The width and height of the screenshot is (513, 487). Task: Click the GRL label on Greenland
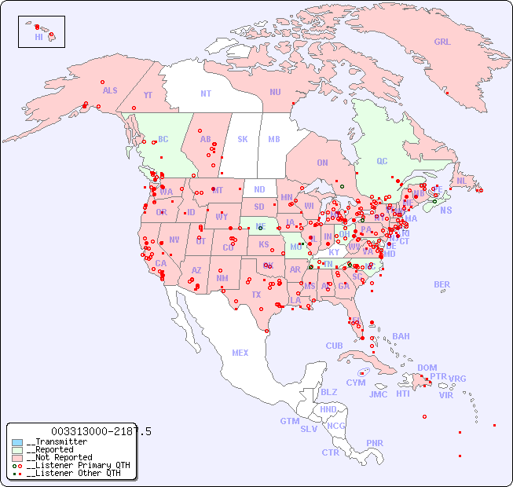click(442, 42)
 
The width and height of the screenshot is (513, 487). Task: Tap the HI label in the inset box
click(38, 37)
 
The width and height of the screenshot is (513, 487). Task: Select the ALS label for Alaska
click(110, 91)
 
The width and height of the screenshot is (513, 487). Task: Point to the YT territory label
click(148, 95)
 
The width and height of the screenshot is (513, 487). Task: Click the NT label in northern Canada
click(205, 93)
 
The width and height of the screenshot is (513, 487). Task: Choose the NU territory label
click(275, 92)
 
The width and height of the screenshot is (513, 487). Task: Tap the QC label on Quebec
click(382, 161)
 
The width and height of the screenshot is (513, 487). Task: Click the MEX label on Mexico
click(240, 353)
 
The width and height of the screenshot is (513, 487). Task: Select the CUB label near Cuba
click(334, 346)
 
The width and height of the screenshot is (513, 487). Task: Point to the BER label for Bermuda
click(442, 284)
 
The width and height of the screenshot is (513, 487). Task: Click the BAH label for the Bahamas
click(401, 336)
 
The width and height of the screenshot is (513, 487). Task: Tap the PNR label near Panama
click(375, 443)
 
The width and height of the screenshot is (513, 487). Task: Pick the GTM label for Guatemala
click(289, 421)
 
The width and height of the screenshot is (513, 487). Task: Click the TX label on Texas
click(256, 295)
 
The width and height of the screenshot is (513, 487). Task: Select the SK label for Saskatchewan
click(243, 139)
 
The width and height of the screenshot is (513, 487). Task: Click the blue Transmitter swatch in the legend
click(17, 442)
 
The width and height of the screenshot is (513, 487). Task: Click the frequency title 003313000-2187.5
click(101, 431)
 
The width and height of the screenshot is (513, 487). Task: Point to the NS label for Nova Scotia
click(445, 211)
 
